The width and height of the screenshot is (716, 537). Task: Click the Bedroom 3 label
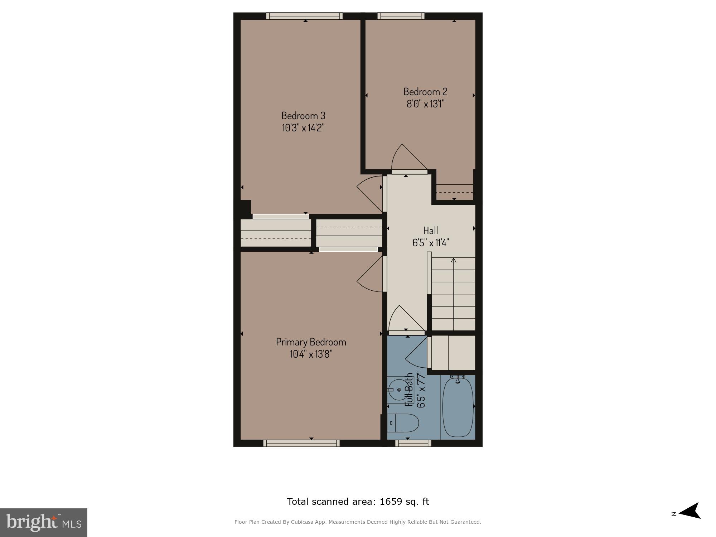pyautogui.click(x=303, y=116)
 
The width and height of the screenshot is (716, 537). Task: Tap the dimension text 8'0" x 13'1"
pyautogui.click(x=425, y=104)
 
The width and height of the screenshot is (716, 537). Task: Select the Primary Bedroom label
pyautogui.click(x=311, y=342)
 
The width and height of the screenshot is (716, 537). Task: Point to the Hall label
pyautogui.click(x=430, y=230)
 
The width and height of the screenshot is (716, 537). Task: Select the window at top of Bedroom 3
pyautogui.click(x=305, y=16)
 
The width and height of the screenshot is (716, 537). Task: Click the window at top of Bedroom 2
pyautogui.click(x=401, y=16)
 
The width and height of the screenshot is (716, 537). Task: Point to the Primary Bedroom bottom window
pyautogui.click(x=301, y=443)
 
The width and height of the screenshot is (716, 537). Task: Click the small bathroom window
pyautogui.click(x=413, y=443)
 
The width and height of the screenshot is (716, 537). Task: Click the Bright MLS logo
pyautogui.click(x=43, y=522)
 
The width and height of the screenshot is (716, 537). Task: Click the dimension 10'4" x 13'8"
pyautogui.click(x=311, y=354)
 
